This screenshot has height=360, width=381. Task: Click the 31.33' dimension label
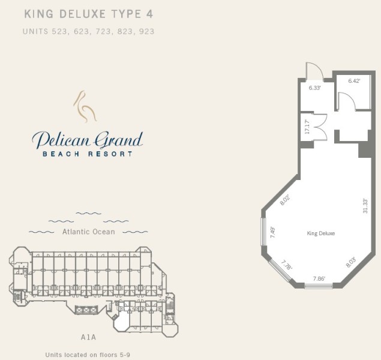point(365,206)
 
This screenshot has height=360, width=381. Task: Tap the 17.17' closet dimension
point(307,127)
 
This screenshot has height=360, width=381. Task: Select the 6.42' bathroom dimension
point(354,81)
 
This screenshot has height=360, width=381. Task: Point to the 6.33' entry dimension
point(314,88)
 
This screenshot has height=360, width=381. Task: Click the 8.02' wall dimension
point(285,200)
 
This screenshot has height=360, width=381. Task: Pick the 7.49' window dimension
point(273,232)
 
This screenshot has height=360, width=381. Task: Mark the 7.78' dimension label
point(287,265)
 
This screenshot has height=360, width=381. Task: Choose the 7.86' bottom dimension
point(319,278)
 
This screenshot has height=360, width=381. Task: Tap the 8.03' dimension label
point(351,262)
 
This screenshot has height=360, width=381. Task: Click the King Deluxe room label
point(321,233)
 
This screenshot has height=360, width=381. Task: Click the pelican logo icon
point(85,107)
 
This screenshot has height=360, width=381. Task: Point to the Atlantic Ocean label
point(88,232)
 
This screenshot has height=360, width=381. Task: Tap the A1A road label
point(88,337)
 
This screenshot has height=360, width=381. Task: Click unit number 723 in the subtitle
point(103,32)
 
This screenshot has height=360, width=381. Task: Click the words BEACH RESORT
point(88,154)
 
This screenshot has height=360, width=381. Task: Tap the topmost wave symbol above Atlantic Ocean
point(88,214)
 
